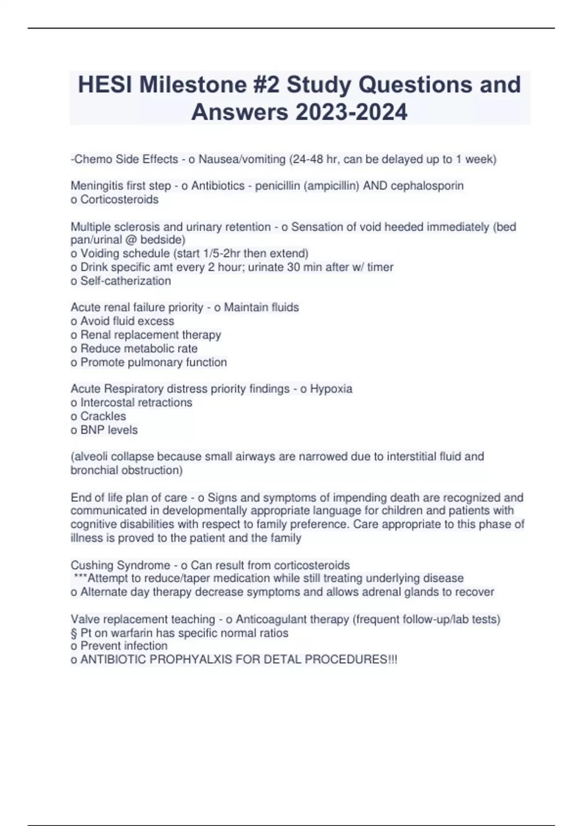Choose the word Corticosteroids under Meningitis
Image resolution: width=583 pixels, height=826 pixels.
point(120,200)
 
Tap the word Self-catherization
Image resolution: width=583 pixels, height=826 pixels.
point(125,281)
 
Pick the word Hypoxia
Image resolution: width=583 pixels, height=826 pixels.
point(331,389)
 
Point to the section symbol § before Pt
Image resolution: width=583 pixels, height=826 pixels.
point(74,633)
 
